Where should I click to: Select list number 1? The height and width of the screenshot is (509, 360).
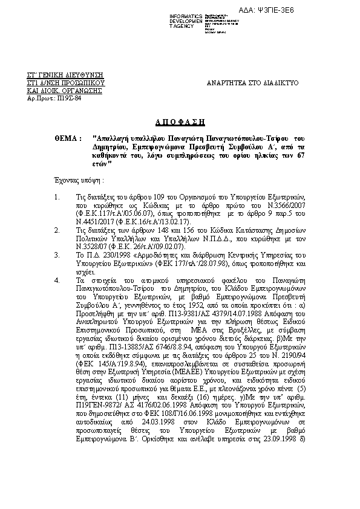click(56, 198)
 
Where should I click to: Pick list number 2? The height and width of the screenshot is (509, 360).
click(56, 230)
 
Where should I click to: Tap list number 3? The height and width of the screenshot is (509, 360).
click(56, 256)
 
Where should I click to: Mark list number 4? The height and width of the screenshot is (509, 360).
click(56, 280)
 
